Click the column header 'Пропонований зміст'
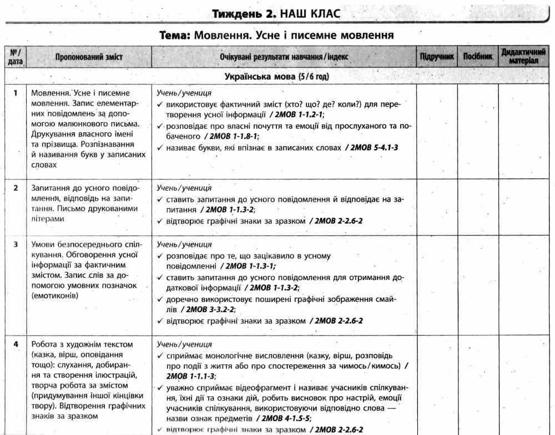point(89,57)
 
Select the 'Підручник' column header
point(437,57)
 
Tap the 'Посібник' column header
point(477,57)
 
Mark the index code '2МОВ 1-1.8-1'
point(231,136)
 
